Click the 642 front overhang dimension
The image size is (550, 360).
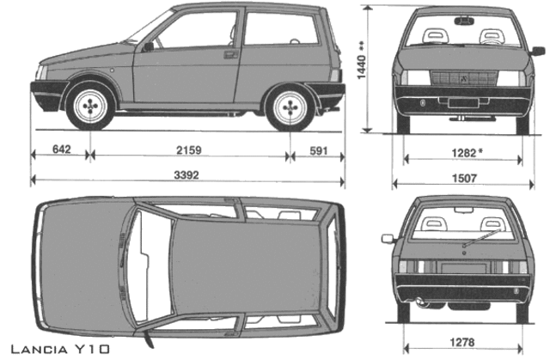click(x=62, y=149)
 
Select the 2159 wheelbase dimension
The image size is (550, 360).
click(x=189, y=150)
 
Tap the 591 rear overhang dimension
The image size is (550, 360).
click(x=319, y=151)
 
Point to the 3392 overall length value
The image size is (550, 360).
click(x=186, y=175)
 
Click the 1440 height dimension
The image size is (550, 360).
click(x=361, y=67)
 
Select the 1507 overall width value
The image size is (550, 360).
click(x=464, y=179)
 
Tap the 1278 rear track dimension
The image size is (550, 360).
click(x=462, y=342)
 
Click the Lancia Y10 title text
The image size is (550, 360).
click(x=60, y=349)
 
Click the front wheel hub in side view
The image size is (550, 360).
click(x=90, y=106)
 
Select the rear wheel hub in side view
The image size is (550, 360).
click(x=290, y=107)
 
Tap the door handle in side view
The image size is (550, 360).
click(x=231, y=54)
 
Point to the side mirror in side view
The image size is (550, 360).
click(x=148, y=46)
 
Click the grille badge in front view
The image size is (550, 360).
click(x=464, y=78)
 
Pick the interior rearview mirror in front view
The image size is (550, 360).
click(x=464, y=21)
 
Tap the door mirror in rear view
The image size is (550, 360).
click(x=388, y=239)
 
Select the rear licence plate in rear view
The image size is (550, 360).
click(x=464, y=268)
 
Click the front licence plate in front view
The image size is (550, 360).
click(x=463, y=103)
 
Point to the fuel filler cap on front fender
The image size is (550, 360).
click(x=112, y=70)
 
